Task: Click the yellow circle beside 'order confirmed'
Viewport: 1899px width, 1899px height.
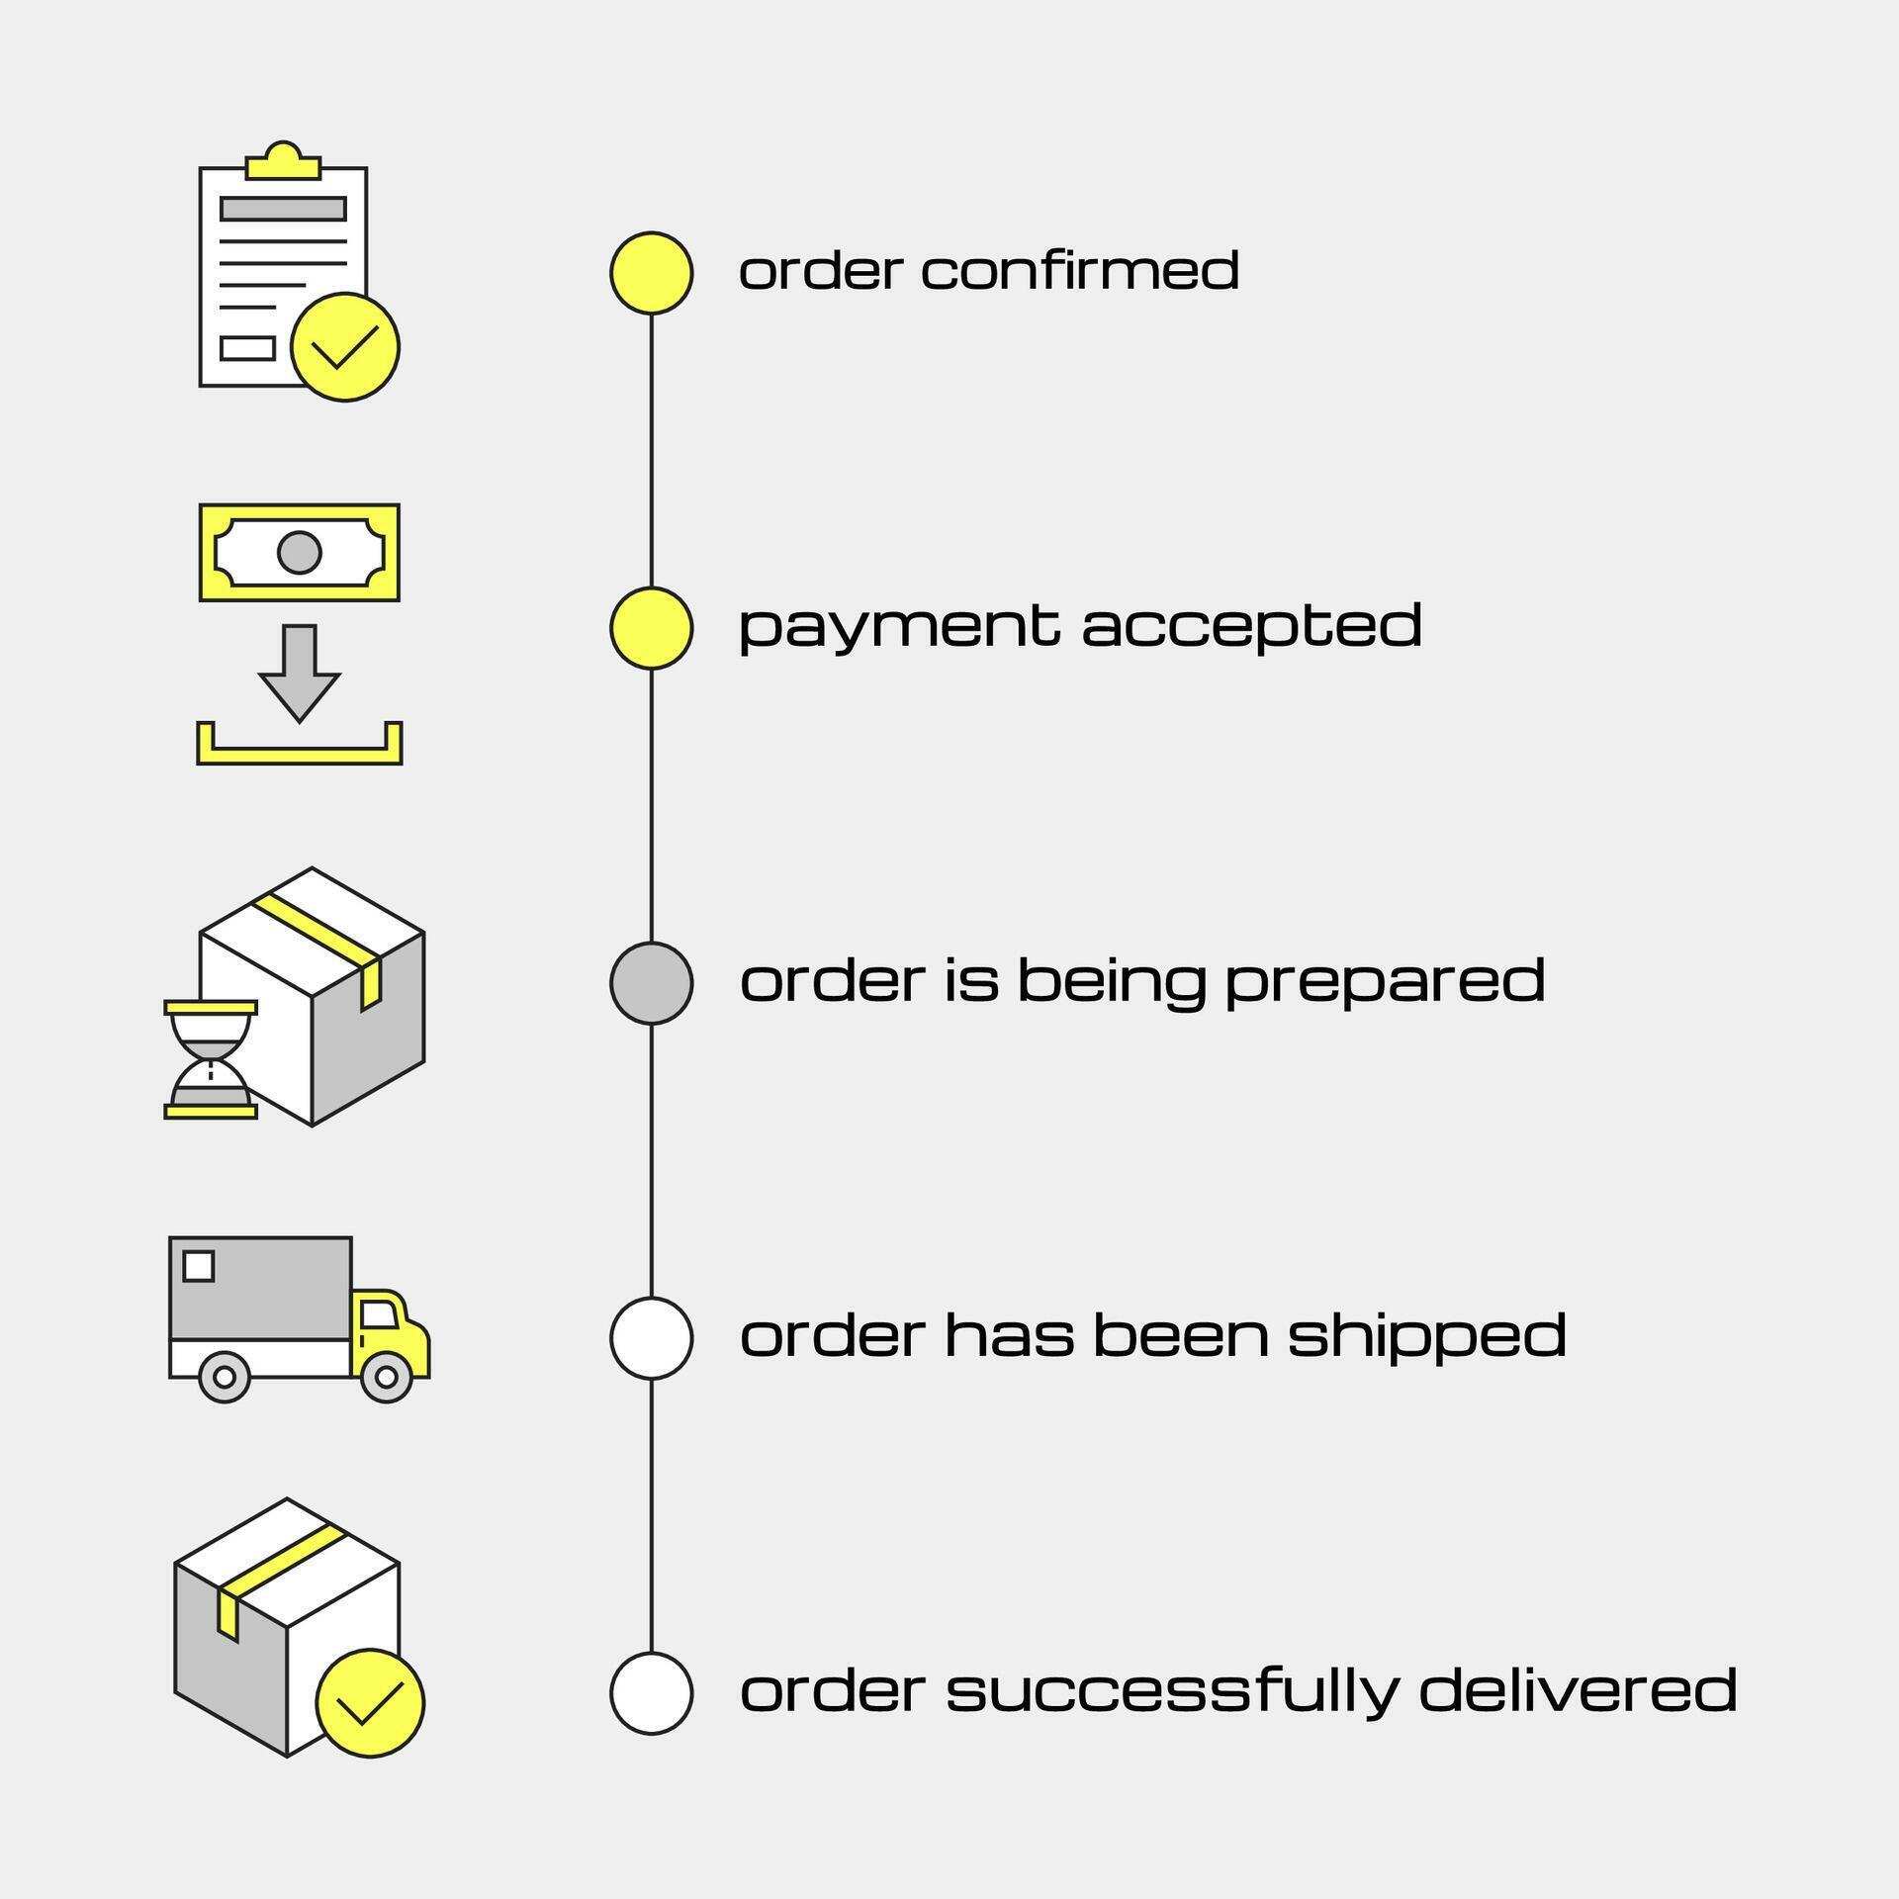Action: (651, 273)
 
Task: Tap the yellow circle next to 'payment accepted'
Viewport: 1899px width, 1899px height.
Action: (651, 628)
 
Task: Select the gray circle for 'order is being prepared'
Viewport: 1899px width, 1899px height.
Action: (651, 982)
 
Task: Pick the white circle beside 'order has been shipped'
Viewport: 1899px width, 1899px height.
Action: (651, 1337)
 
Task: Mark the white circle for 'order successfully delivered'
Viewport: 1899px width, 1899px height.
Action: (651, 1692)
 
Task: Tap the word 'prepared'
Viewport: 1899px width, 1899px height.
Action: (1385, 982)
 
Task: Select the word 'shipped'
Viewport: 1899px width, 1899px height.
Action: (1427, 1337)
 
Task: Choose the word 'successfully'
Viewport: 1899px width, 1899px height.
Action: (1172, 1692)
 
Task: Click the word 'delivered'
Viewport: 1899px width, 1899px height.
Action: (1578, 1690)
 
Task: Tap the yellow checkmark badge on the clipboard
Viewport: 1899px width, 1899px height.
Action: (345, 346)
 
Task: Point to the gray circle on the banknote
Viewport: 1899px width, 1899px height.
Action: (300, 552)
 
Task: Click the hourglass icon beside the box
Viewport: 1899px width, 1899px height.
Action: (211, 1059)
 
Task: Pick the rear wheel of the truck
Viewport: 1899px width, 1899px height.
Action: (225, 1376)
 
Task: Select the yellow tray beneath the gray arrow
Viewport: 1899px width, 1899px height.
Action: (300, 753)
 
